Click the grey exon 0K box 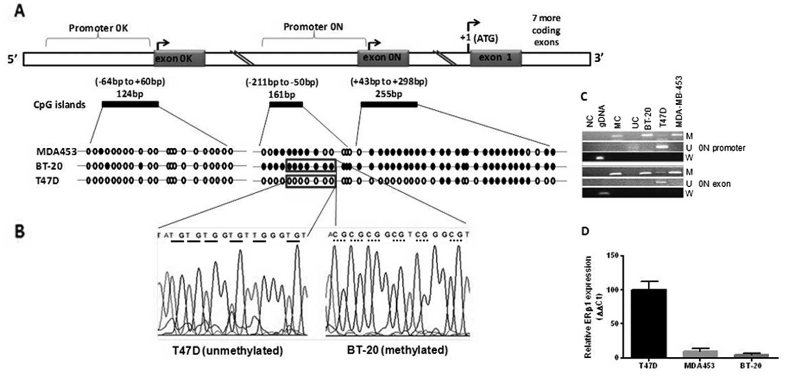pyautogui.click(x=179, y=58)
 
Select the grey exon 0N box pyautogui.click(x=383, y=58)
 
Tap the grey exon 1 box pyautogui.click(x=495, y=58)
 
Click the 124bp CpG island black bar pyautogui.click(x=130, y=104)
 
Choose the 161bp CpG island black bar pyautogui.click(x=286, y=104)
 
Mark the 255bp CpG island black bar pyautogui.click(x=389, y=104)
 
